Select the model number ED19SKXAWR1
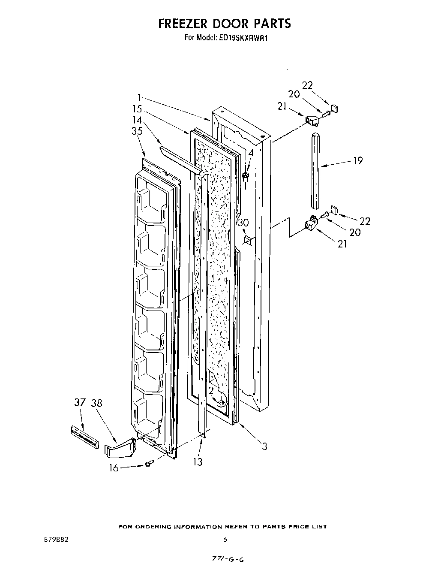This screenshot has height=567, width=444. (243, 38)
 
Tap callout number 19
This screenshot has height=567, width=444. (357, 161)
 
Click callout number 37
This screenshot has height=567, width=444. (79, 403)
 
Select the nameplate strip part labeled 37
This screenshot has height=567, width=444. (84, 437)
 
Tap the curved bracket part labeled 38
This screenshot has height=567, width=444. (120, 449)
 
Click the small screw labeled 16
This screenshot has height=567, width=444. (148, 464)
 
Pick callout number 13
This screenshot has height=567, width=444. (198, 462)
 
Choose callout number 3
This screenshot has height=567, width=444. (264, 446)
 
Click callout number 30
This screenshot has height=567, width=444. (243, 223)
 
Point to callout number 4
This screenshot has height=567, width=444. (251, 153)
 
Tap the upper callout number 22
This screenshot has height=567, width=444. (307, 85)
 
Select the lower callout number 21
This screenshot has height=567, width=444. (342, 244)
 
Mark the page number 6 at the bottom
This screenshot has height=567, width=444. (225, 540)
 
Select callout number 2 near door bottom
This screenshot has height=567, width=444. (211, 390)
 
